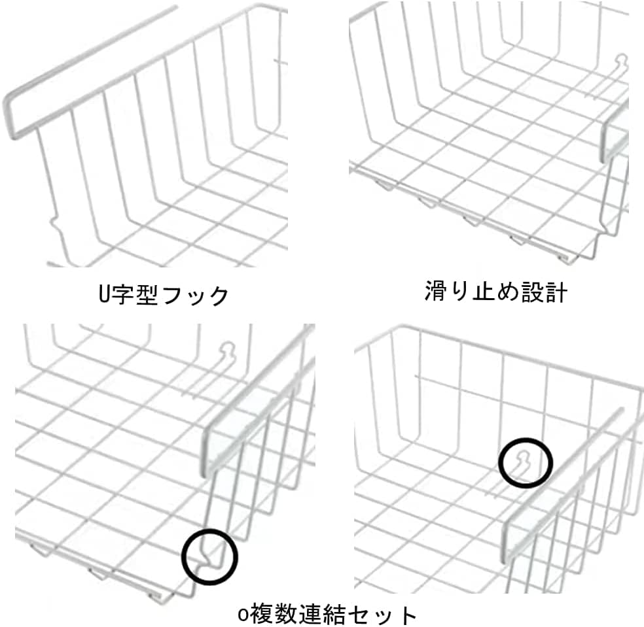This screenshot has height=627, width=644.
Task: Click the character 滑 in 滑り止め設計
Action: [x=435, y=292]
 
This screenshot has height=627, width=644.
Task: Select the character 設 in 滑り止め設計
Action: [x=532, y=292]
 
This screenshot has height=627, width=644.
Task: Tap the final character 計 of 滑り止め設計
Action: [x=556, y=292]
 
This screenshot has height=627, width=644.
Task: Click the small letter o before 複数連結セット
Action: [x=243, y=615]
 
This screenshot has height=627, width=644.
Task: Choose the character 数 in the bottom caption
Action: [x=285, y=614]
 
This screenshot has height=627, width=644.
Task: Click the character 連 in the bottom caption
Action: [x=310, y=614]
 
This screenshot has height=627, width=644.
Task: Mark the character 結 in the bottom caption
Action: [x=334, y=614]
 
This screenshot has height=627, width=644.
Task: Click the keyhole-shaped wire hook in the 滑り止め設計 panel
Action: [x=622, y=61]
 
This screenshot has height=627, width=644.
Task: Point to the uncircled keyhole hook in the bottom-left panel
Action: [x=228, y=352]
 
